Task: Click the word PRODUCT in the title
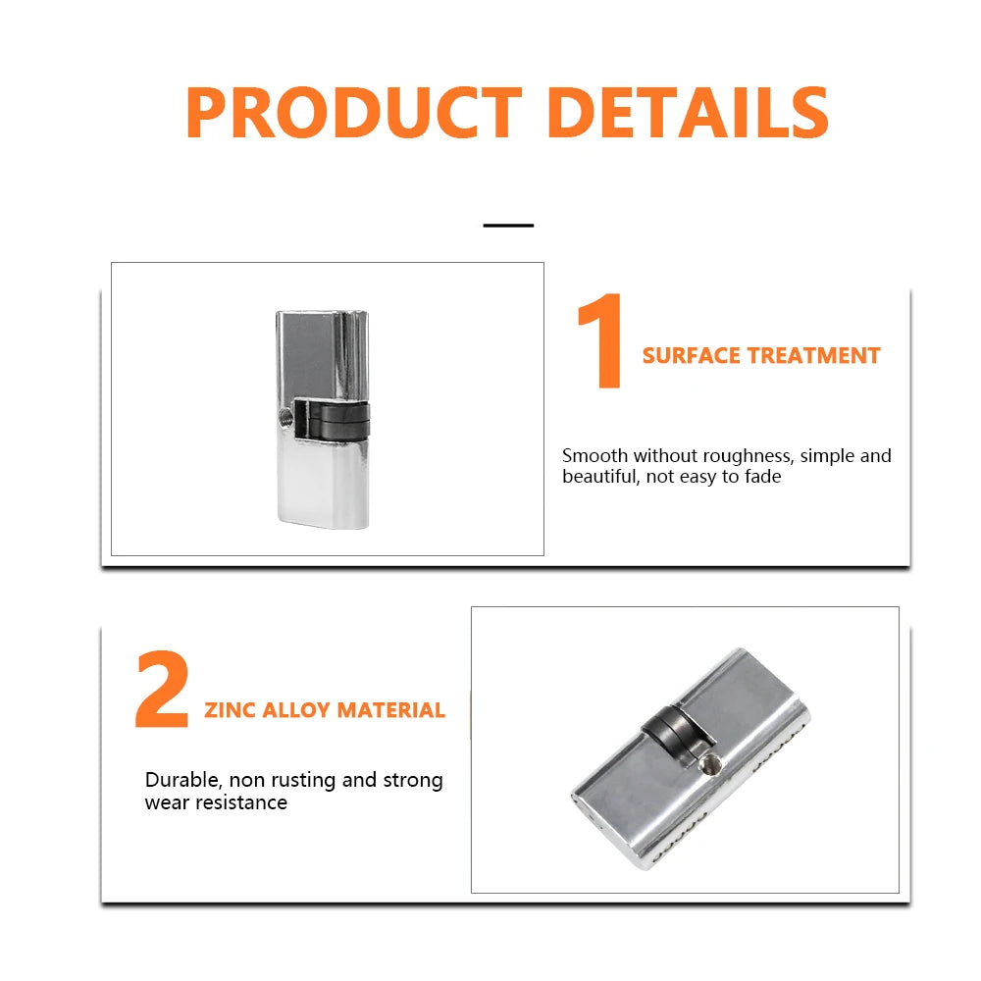pos(354,113)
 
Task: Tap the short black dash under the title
pos(508,226)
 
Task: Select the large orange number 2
pos(162,689)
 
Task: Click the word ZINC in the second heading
pos(230,710)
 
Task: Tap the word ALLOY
pos(296,710)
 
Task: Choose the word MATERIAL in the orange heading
pos(391,710)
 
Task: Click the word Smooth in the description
pos(595,455)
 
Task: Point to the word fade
pos(762,477)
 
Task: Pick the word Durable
pos(183,780)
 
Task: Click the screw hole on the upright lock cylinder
pos(285,415)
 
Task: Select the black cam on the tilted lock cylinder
pos(676,732)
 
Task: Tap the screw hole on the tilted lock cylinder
pos(709,763)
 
